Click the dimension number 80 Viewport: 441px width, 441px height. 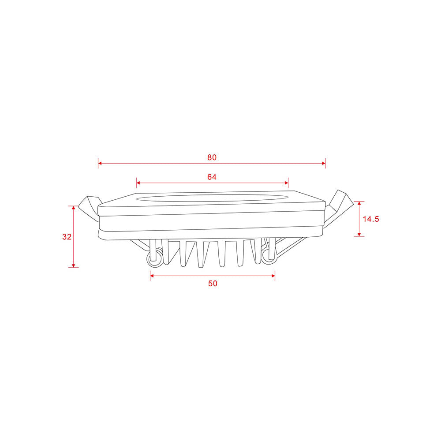pos(212,157)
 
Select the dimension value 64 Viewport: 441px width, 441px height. pos(212,177)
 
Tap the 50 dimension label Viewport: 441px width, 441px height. pos(213,284)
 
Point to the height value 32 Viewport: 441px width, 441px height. pos(67,237)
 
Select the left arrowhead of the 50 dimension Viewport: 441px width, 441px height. pos(153,276)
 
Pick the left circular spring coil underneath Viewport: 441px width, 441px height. pos(154,261)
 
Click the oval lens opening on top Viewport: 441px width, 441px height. pos(212,198)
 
